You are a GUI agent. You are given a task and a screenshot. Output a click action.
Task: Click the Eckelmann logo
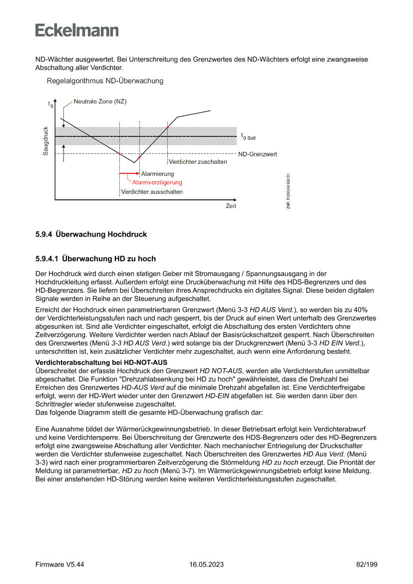(x=77, y=30)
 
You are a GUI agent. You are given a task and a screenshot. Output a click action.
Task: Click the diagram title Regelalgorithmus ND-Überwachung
(x=105, y=80)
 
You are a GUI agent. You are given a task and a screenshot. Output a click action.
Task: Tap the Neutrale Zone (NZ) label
(x=100, y=101)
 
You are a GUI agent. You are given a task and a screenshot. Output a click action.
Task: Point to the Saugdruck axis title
(x=45, y=140)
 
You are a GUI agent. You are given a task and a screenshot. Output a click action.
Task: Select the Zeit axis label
(x=231, y=206)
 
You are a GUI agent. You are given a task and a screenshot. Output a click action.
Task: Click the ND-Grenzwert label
(x=257, y=154)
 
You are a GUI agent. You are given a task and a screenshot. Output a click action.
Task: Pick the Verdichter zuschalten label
(x=198, y=162)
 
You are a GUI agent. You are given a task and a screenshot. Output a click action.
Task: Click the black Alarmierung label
(x=157, y=174)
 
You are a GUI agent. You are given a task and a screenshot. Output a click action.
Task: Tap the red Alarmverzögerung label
(x=157, y=182)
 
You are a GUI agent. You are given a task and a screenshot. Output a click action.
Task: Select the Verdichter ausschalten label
(x=152, y=192)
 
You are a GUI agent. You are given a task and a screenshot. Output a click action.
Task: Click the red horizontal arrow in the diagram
(x=128, y=174)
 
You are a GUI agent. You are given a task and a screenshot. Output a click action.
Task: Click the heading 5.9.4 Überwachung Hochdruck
(x=91, y=234)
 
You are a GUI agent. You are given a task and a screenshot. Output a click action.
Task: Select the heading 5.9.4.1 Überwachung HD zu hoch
(x=95, y=259)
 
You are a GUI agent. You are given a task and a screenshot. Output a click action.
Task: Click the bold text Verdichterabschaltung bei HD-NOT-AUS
(x=101, y=362)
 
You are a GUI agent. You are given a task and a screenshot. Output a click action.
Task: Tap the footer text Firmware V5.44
(x=59, y=565)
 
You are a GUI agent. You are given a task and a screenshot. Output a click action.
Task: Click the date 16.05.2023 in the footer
(x=206, y=565)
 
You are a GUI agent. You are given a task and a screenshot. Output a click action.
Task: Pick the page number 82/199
(x=367, y=565)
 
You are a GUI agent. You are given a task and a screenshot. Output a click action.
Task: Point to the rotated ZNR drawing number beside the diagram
(x=288, y=191)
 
